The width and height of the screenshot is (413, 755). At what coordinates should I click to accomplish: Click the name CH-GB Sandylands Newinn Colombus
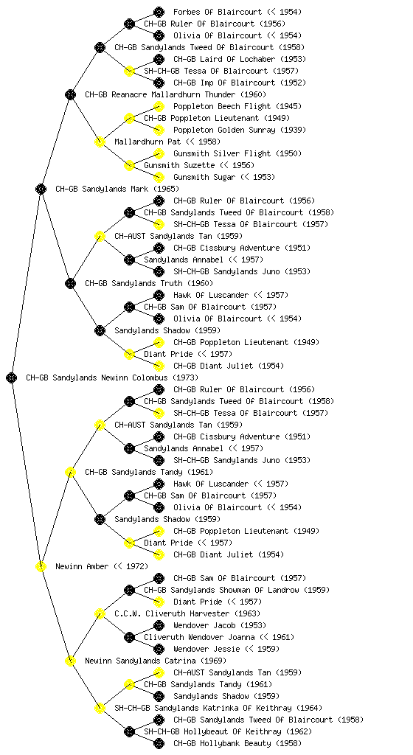(97, 377)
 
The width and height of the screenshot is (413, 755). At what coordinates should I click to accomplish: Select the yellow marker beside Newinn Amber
(41, 566)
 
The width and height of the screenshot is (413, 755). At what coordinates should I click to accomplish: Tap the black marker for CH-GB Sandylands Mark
(41, 189)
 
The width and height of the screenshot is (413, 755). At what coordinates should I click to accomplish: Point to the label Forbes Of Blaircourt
(218, 12)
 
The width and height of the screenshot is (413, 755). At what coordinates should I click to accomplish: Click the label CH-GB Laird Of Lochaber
(218, 59)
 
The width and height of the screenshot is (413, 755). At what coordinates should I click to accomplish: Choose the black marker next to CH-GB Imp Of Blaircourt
(159, 83)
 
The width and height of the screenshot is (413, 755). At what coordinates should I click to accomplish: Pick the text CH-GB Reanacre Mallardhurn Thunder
(160, 94)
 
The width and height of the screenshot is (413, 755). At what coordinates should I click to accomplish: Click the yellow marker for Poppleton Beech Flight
(159, 106)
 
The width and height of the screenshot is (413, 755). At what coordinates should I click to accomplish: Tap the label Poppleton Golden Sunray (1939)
(240, 130)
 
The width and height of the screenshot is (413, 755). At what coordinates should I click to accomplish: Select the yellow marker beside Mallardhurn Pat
(100, 142)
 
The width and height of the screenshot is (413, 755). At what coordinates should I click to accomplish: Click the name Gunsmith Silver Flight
(222, 153)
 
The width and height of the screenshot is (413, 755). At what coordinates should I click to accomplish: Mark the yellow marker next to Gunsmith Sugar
(159, 177)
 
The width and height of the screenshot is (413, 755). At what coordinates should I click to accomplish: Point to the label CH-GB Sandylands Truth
(133, 283)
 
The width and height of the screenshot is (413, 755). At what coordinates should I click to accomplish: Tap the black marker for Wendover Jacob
(159, 625)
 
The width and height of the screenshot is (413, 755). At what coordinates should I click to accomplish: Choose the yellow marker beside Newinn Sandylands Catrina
(70, 661)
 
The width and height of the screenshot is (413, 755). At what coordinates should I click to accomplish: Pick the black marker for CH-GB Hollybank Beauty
(159, 743)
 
